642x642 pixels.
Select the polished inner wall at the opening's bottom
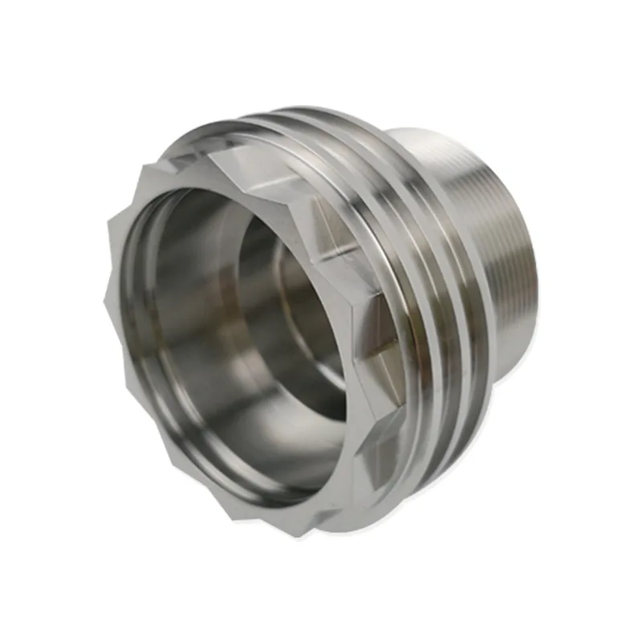241,449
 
